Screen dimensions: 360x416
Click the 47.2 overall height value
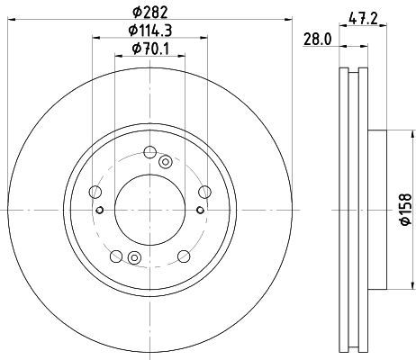tap(362, 16)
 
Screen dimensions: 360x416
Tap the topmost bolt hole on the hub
tap(150, 150)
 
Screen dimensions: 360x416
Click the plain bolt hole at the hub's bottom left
tap(115, 257)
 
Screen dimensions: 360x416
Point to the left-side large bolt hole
tap(95, 191)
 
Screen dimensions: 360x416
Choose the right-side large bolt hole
tap(204, 190)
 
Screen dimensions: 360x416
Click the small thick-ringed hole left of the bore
tap(100, 211)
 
